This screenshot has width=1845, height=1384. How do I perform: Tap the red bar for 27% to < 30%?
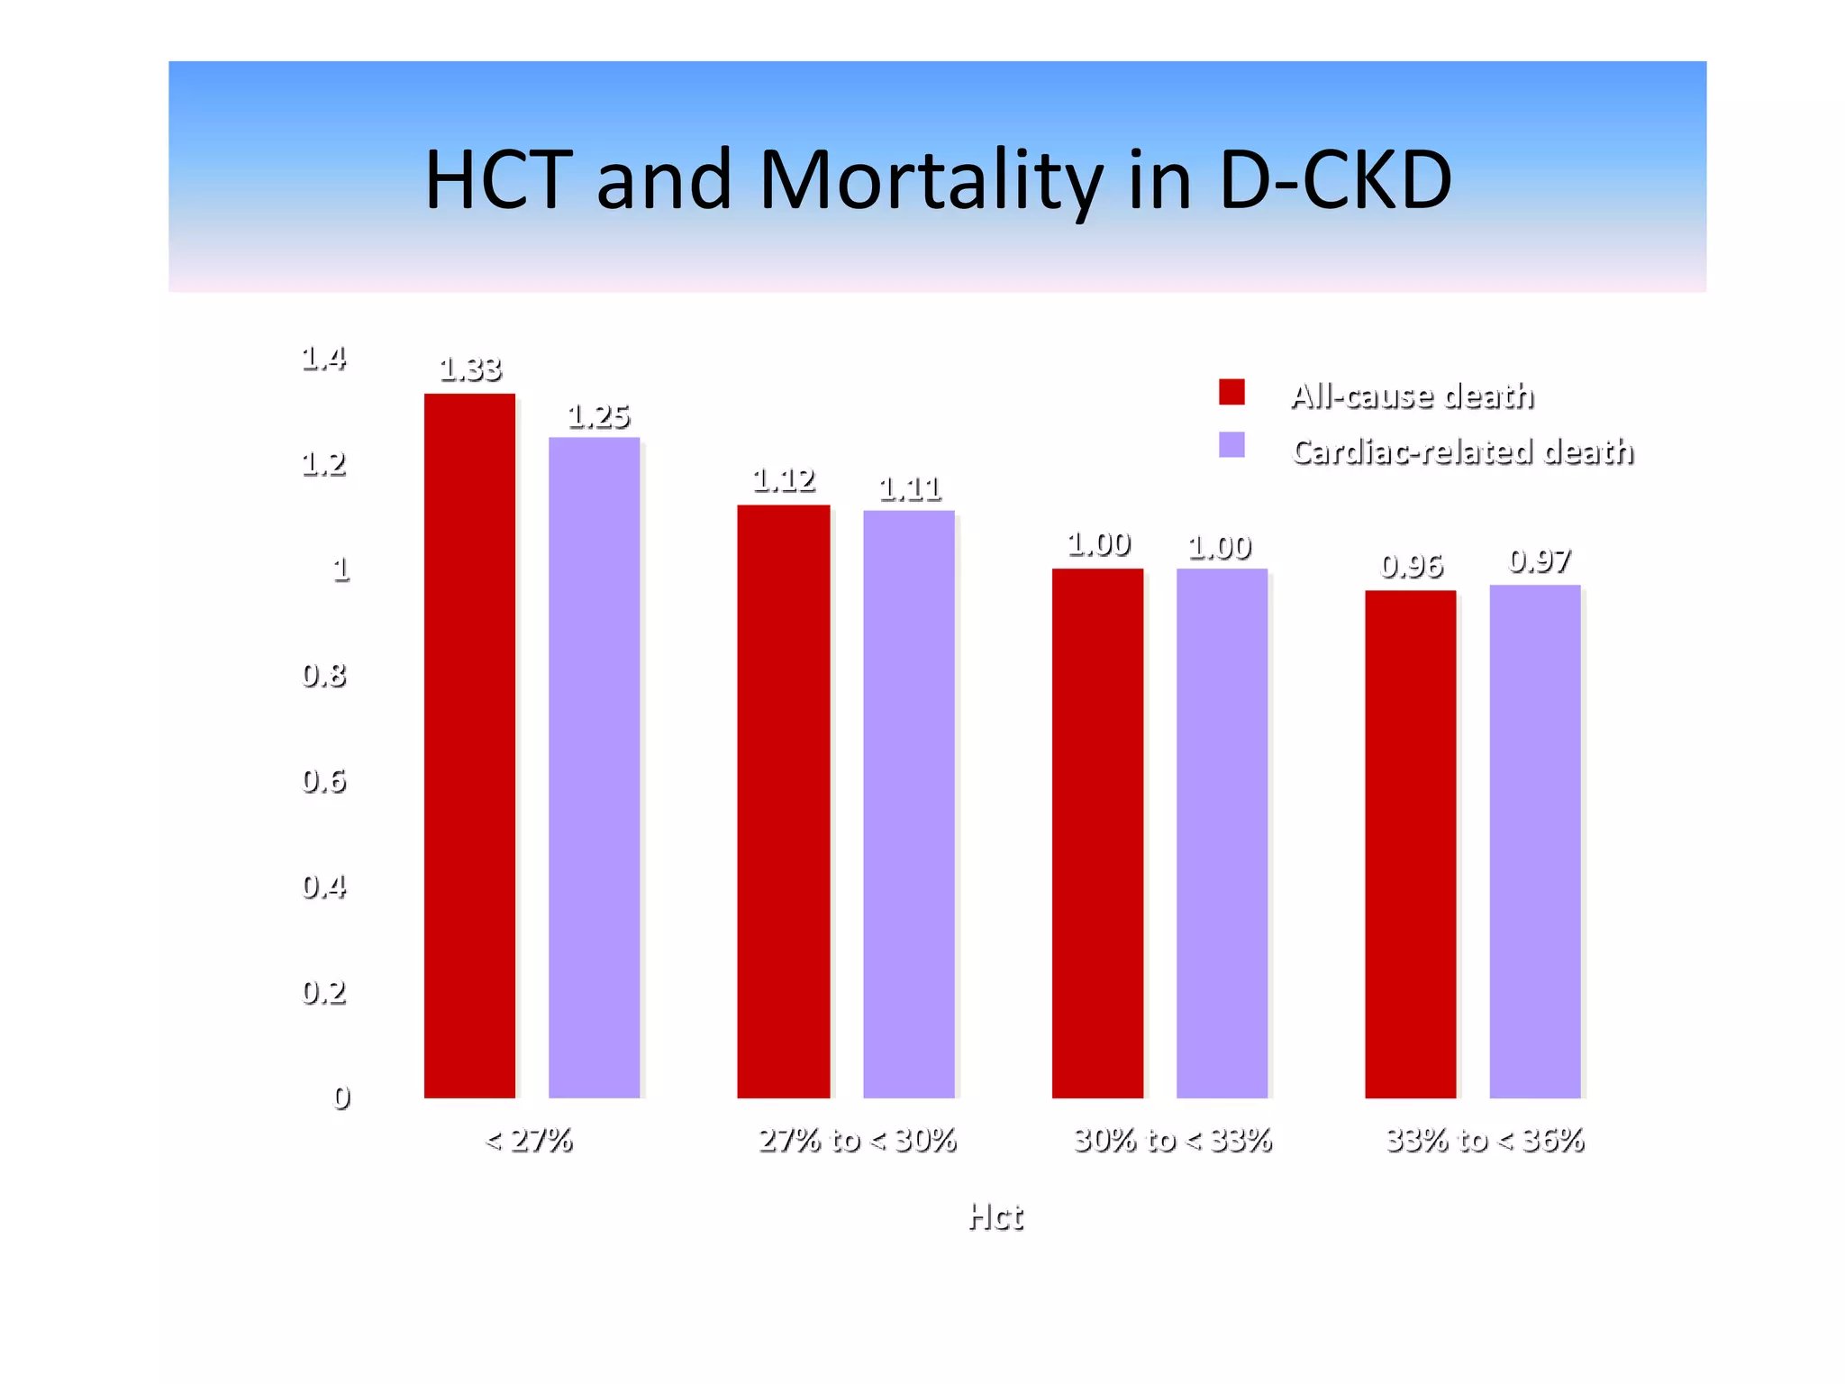coord(783,801)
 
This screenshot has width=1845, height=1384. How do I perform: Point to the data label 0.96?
coord(1412,566)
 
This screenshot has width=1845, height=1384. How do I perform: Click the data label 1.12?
coord(784,480)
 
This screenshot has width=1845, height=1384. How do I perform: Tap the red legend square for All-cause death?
coord(1232,392)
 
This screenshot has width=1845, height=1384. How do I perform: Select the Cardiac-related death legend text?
coord(1462,451)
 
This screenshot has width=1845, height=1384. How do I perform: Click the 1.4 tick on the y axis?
coord(323,359)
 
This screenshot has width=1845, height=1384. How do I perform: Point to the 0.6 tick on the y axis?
coord(323,780)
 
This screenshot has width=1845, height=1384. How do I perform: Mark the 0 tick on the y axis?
coord(341,1097)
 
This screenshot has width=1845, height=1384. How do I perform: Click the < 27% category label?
coord(529,1140)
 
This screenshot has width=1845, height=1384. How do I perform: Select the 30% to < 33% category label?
coord(1172,1140)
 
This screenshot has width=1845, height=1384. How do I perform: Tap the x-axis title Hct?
coord(995,1216)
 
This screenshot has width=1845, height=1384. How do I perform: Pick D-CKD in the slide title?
coord(1335,179)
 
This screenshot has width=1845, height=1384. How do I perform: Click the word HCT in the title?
coord(498,179)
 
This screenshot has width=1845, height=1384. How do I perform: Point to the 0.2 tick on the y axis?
coord(323,991)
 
